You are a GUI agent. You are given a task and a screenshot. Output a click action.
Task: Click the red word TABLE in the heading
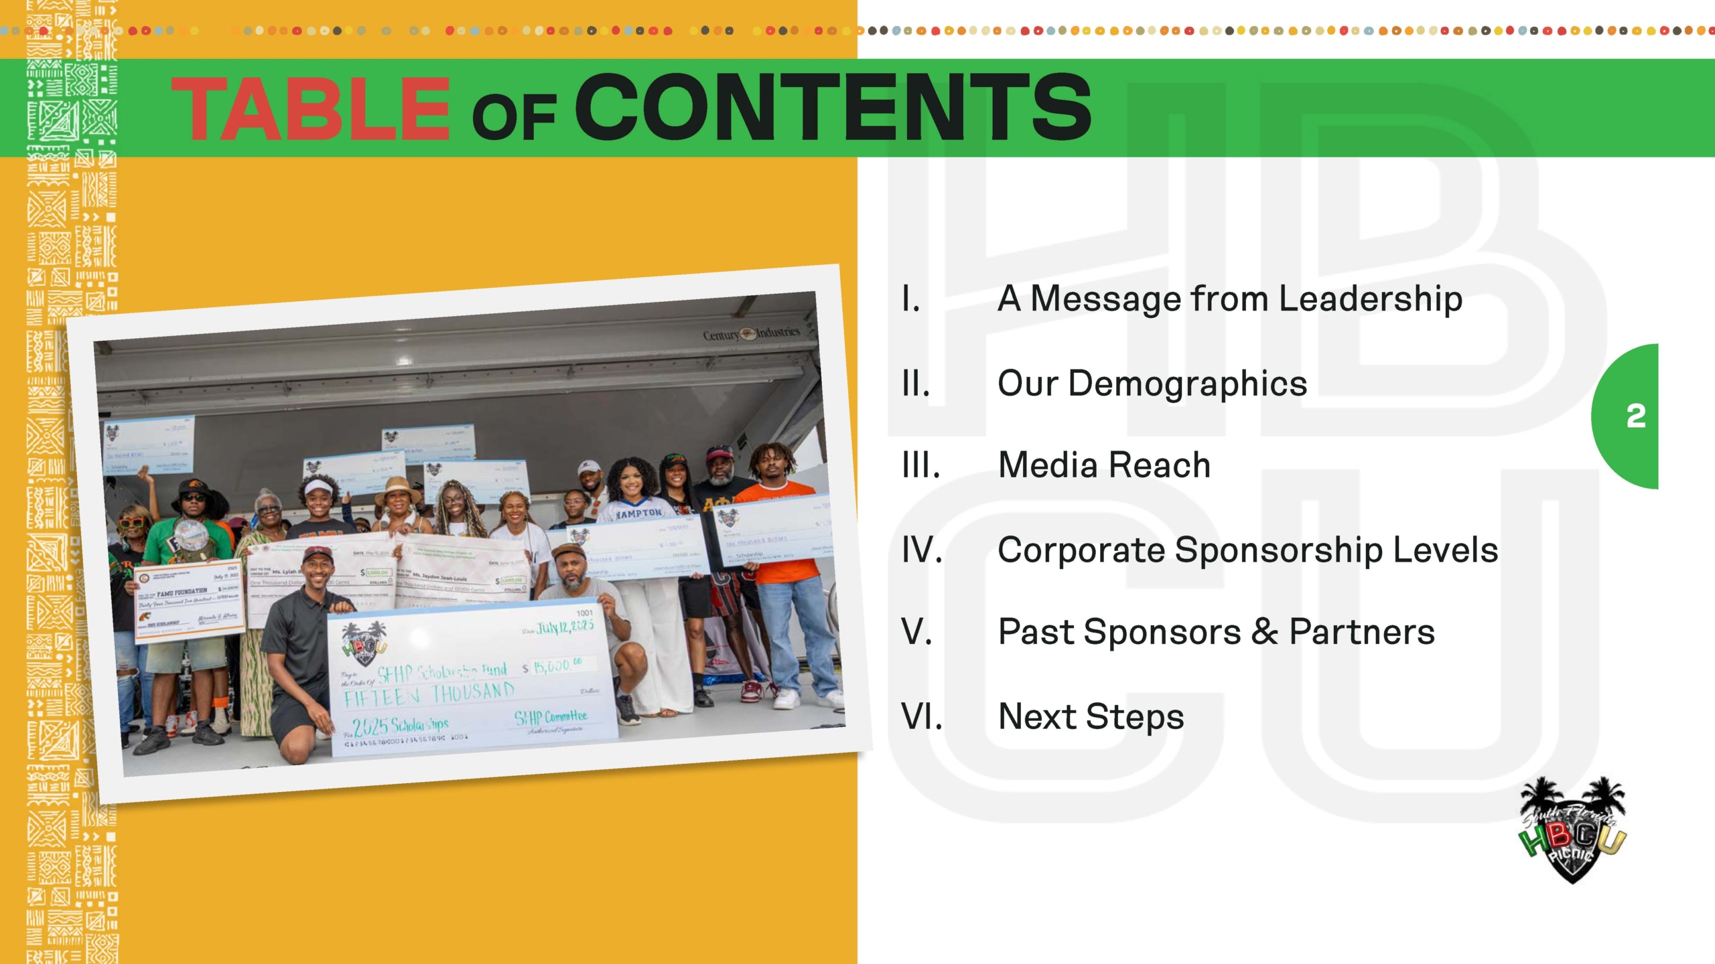[310, 108]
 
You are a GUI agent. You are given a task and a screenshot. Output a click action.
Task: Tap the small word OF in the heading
[513, 118]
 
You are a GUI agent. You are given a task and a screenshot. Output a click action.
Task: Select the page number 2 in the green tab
[1635, 416]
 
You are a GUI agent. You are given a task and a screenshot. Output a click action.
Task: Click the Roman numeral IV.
[922, 550]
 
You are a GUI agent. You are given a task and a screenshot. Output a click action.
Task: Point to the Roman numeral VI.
[922, 716]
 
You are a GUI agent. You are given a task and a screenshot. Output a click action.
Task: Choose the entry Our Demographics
[1152, 384]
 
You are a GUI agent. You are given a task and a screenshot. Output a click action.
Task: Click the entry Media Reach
[1104, 465]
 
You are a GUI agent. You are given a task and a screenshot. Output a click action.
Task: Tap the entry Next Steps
[1091, 716]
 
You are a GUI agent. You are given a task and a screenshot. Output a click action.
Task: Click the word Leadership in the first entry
[1371, 299]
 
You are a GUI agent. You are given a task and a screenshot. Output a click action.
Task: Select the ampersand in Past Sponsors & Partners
[1264, 632]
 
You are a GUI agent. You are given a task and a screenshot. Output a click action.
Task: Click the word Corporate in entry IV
[1081, 550]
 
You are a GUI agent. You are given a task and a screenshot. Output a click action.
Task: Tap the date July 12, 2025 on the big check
[564, 628]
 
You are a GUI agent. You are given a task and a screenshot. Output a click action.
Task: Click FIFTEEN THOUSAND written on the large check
[429, 695]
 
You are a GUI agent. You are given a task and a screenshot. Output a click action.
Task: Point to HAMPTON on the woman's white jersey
[638, 513]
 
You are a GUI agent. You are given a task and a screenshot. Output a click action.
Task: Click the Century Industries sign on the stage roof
[750, 333]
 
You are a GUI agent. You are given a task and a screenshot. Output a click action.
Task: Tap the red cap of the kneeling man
[316, 554]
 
